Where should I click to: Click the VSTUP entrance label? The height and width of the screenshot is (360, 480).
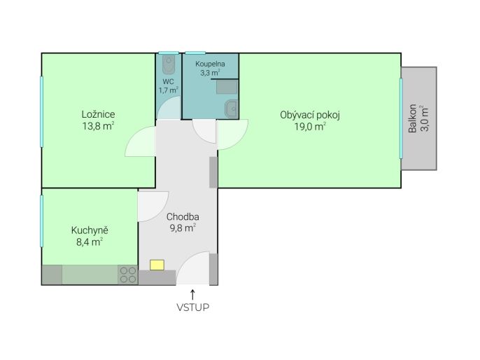[x=193, y=307]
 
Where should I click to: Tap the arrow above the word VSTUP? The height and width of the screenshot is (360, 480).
[x=192, y=294]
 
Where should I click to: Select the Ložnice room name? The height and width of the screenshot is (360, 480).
[x=98, y=114]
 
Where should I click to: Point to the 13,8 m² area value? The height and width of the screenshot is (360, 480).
[x=98, y=125]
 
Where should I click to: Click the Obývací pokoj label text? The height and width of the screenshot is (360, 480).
[x=310, y=115]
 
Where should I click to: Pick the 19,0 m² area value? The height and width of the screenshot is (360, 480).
[x=310, y=126]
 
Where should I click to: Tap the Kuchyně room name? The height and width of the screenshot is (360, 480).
[x=90, y=230]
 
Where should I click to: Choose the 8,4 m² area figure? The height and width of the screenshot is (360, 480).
[x=90, y=242]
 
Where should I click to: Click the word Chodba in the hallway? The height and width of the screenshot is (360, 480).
[x=183, y=217]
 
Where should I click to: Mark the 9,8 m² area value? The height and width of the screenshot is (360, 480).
[x=183, y=228]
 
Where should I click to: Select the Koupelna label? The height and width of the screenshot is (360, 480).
[x=211, y=64]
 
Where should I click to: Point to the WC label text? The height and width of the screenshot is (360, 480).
[x=169, y=81]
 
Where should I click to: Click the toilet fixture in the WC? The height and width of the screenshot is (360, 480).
[x=169, y=64]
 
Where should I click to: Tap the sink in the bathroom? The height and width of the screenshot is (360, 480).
[x=232, y=109]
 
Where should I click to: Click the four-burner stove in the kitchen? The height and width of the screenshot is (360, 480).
[x=128, y=275]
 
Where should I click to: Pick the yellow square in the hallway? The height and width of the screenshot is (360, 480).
[x=157, y=265]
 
